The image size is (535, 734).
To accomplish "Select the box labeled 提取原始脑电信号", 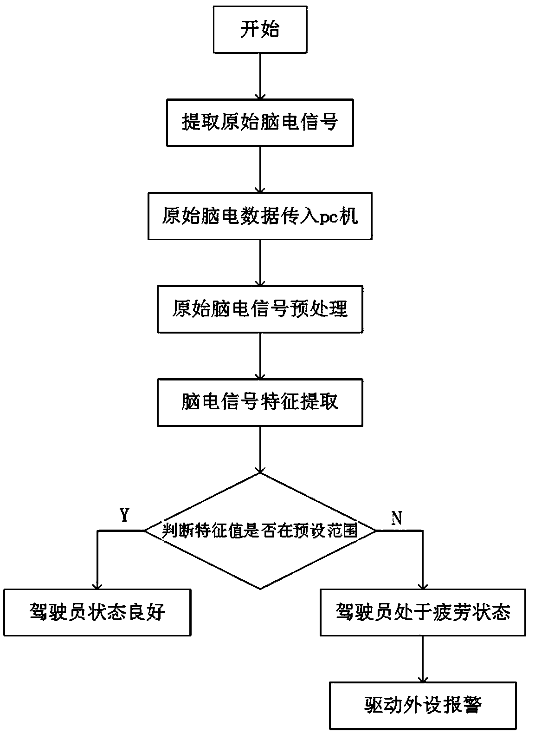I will (260, 123).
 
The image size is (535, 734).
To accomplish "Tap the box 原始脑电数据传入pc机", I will (260, 216).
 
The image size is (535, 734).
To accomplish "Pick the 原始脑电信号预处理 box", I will (260, 309).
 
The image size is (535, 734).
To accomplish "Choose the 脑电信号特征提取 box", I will (260, 402).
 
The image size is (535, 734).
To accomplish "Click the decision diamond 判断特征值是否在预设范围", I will (260, 531).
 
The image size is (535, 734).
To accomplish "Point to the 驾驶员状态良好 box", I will (97, 612).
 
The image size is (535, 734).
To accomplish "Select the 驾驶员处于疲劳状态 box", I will (423, 612).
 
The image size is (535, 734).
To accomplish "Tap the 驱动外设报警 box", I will (423, 705).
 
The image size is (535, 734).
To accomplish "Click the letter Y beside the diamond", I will (124, 515).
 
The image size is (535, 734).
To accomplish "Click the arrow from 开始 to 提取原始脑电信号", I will (260, 75).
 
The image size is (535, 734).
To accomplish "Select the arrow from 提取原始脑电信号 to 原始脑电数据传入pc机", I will (260, 169).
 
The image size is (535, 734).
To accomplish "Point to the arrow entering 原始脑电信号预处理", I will (260, 262).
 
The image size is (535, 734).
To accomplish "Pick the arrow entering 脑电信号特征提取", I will (260, 355).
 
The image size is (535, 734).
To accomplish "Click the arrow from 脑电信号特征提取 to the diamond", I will (260, 449).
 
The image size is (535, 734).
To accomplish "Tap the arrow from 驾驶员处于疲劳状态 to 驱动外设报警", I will (423, 659).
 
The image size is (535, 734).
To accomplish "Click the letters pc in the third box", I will (333, 217).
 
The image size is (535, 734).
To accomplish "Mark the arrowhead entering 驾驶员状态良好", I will (97, 585).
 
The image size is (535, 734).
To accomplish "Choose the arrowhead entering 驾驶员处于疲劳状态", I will (423, 585).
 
